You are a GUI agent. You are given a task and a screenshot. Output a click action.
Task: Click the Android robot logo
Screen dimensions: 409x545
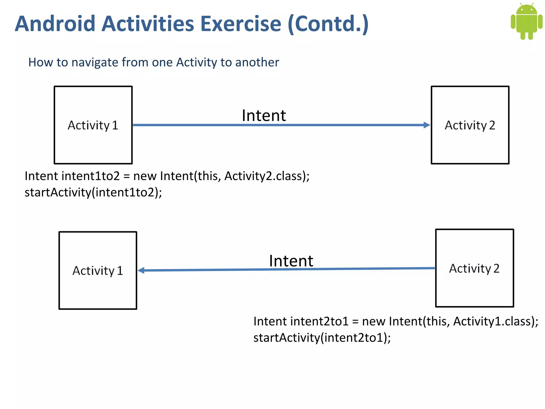(x=526, y=21)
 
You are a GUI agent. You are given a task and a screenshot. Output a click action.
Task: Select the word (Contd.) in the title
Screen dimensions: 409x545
(x=328, y=24)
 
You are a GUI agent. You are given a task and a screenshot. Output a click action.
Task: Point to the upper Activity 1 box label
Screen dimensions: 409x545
(x=93, y=125)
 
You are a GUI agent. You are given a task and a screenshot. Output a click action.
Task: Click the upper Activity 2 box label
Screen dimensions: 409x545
(x=470, y=125)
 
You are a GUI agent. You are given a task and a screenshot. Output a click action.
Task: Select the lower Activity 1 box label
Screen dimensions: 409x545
(x=98, y=271)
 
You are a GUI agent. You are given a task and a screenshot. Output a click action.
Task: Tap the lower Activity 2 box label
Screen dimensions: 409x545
(x=474, y=268)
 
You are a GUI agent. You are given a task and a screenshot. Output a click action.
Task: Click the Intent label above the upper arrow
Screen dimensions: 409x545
(x=264, y=116)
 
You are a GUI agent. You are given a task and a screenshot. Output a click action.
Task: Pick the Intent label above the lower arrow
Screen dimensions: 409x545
(x=291, y=261)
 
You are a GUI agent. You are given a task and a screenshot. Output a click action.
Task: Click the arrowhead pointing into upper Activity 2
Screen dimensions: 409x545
(x=427, y=125)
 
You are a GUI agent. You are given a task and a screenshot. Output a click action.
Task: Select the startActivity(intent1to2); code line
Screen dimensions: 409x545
(x=93, y=192)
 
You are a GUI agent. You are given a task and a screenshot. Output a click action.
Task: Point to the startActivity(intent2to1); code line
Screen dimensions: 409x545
(x=322, y=338)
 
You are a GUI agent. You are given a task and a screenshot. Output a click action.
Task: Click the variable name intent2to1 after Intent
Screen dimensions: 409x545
(x=319, y=321)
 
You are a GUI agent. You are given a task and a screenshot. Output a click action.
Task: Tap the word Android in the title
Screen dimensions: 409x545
(x=55, y=24)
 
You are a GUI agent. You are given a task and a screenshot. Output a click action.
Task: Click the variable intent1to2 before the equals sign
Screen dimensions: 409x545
(x=90, y=176)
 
